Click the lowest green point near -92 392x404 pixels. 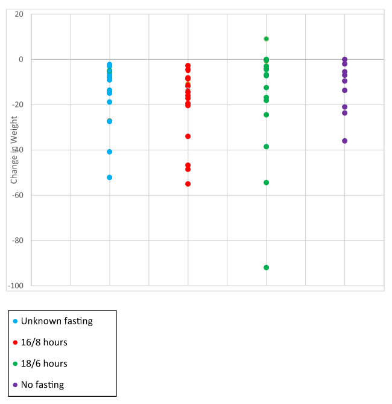(x=266, y=268)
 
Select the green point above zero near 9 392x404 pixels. (x=266, y=39)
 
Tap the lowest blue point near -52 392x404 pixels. (x=109, y=178)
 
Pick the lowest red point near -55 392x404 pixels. (x=188, y=184)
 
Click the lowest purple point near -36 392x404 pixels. (x=344, y=141)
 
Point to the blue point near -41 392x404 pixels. (x=109, y=152)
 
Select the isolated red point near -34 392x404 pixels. (x=188, y=136)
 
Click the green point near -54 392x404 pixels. (x=266, y=182)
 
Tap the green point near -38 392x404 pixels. (x=266, y=147)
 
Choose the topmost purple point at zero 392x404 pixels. (x=344, y=60)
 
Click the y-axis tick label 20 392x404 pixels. (x=19, y=14)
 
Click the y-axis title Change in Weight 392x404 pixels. (x=14, y=150)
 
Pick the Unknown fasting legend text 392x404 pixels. (x=57, y=321)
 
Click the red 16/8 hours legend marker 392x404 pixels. (x=15, y=342)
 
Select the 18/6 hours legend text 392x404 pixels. (x=44, y=364)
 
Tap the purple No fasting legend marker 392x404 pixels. (x=15, y=385)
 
